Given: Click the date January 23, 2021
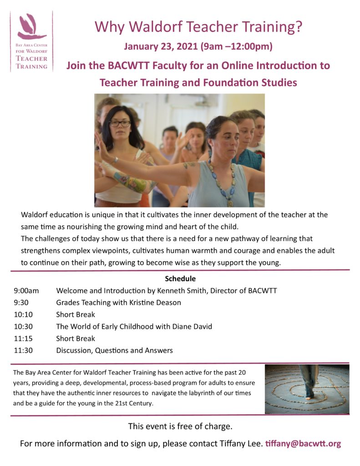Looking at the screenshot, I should (161, 46).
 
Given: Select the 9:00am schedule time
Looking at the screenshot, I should (26, 291).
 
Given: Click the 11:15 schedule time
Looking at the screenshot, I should (23, 339).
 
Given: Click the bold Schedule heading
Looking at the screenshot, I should (180, 279).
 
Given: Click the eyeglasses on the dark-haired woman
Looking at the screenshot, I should (120, 123).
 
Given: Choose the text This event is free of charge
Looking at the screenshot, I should (180, 426).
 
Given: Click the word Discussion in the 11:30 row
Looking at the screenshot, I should (74, 350).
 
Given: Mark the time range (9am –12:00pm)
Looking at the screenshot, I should (233, 46).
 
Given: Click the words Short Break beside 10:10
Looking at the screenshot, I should (76, 314).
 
